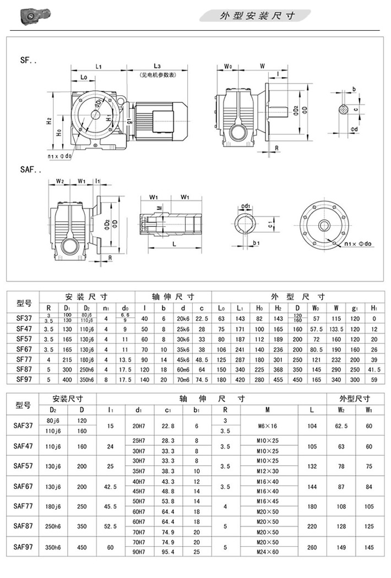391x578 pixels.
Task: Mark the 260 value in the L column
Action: pyautogui.click(x=312, y=547)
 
